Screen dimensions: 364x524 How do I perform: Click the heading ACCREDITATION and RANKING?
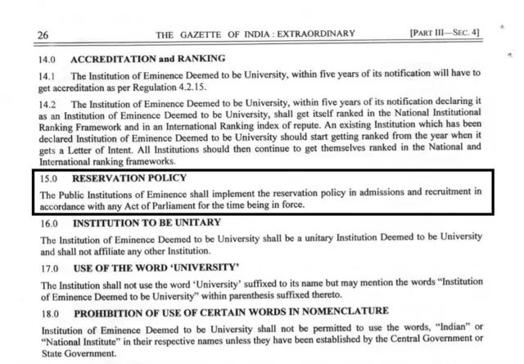point(148,60)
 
